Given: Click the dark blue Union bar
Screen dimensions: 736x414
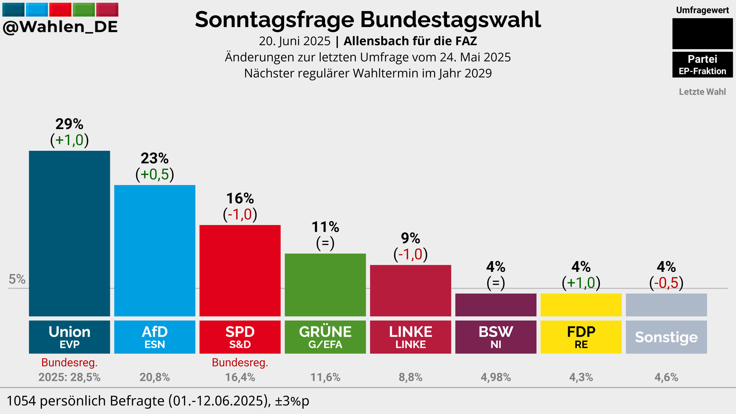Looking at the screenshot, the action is [69, 233].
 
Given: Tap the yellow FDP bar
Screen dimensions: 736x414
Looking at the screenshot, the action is [581, 305].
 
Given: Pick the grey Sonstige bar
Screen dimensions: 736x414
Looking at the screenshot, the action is [666, 305].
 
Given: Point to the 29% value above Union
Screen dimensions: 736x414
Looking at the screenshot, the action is [69, 124].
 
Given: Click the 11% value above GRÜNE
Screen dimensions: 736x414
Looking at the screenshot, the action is [325, 227].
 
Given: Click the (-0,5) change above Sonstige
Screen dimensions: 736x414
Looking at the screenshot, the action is [666, 283].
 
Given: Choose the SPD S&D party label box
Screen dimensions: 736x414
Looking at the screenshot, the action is [240, 337].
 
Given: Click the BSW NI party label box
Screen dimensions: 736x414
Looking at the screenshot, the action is [496, 337].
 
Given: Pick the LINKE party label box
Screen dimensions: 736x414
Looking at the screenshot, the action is [411, 337].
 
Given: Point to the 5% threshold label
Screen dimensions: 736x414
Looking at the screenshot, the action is [17, 279].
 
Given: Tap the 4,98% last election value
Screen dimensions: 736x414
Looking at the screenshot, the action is [496, 377].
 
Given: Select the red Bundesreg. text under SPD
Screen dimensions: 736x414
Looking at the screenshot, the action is [240, 363].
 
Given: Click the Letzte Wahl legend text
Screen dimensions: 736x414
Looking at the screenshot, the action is [702, 92].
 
